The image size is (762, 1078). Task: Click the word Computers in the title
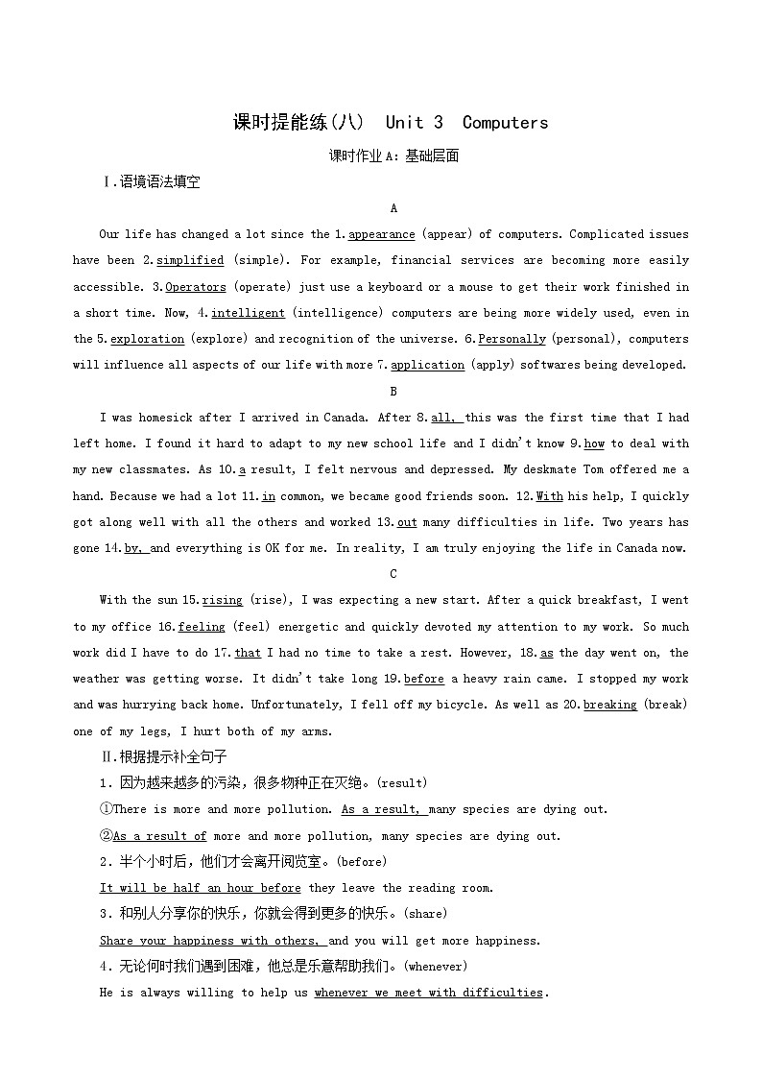(505, 122)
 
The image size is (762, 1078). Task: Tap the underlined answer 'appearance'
(381, 234)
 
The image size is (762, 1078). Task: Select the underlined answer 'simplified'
(190, 260)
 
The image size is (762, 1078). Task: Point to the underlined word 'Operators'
(196, 287)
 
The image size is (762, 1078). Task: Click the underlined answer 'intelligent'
(248, 313)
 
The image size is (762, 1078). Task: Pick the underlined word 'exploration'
(147, 339)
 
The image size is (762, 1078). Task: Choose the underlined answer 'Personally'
(512, 339)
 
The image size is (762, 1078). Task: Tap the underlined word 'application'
(428, 365)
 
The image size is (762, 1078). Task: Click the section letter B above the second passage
(393, 392)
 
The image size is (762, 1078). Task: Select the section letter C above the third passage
(393, 574)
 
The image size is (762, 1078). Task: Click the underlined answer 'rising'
(223, 600)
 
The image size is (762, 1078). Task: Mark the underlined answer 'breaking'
(610, 705)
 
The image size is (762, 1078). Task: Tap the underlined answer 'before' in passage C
(424, 679)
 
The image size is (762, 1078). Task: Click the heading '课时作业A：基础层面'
(393, 156)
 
